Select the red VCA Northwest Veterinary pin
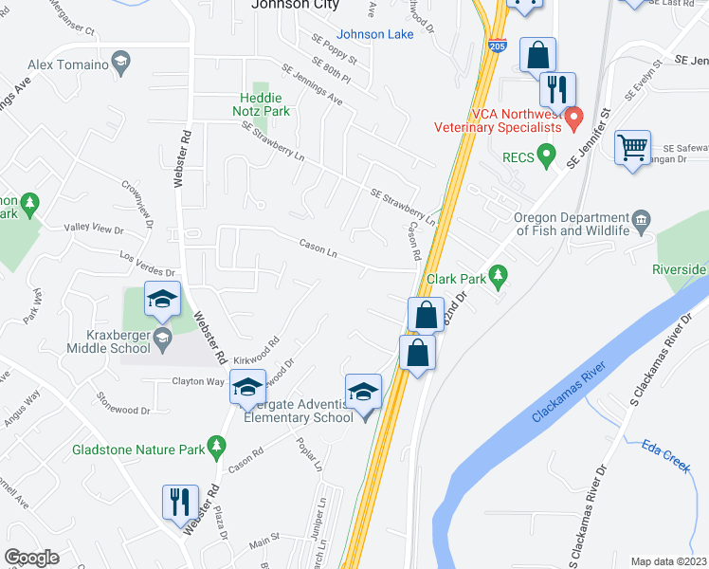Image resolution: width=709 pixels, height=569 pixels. point(573,121)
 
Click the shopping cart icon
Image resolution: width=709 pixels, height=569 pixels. point(632,148)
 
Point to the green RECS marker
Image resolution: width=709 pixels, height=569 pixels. point(545,153)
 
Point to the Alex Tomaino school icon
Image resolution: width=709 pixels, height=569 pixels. point(120,64)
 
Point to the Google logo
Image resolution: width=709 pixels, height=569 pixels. point(32,558)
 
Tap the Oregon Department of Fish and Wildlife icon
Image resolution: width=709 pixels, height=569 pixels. point(642,222)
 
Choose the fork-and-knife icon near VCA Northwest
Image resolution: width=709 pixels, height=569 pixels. point(556,90)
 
